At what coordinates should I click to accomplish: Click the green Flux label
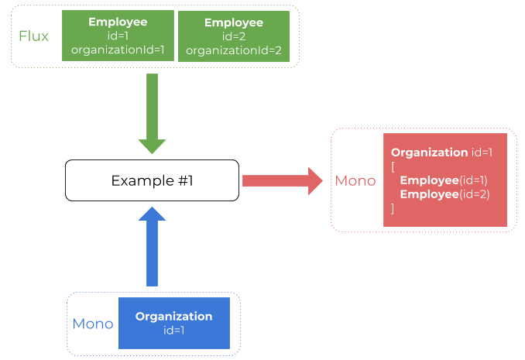34,36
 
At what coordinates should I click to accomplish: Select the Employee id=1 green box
118,36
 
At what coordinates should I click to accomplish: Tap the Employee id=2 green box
234,36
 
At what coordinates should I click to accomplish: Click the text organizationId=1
118,50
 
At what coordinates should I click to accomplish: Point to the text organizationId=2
234,50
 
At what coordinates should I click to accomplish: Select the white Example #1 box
152,180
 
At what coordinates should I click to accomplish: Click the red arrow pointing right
282,180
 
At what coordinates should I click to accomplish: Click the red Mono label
355,180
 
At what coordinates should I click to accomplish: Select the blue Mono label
93,323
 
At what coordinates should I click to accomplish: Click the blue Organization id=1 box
173,323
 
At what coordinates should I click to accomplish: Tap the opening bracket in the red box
393,166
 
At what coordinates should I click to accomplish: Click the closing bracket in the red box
393,208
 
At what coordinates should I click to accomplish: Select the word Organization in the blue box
173,316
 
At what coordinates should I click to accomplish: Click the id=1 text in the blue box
173,331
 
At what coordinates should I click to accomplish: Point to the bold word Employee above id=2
234,22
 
